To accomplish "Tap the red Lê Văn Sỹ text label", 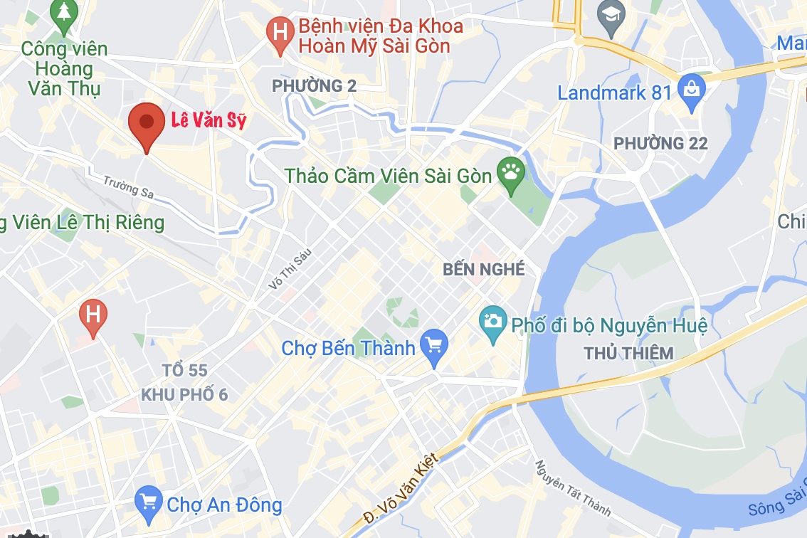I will tap(209, 120).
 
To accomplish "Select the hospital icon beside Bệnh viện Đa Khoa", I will tap(280, 33).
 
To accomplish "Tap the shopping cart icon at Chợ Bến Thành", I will tap(433, 347).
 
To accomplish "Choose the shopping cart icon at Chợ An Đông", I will tap(148, 504).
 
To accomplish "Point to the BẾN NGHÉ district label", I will tap(483, 270).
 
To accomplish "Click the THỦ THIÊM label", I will tap(628, 354).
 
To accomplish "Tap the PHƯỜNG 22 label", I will tap(660, 144).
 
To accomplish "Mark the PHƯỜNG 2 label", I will tap(314, 86).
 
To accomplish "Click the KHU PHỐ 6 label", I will tap(184, 394).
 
